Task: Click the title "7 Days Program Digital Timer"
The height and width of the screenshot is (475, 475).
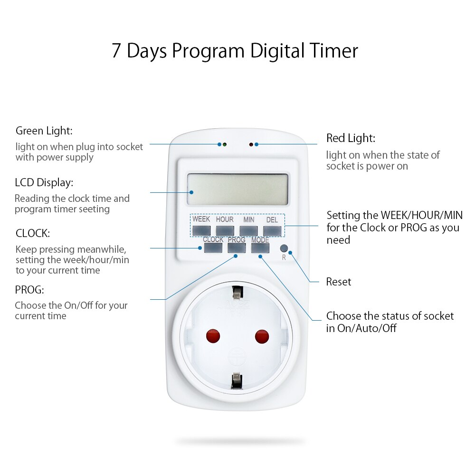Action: [x=235, y=51]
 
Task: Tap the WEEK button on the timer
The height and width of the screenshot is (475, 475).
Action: [x=201, y=231]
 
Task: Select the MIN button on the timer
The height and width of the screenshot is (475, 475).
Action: [x=248, y=231]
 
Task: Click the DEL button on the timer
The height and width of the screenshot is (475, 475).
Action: [x=272, y=231]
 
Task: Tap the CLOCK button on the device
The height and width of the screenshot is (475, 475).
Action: [x=213, y=247]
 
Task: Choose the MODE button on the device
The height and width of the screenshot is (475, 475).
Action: [x=260, y=247]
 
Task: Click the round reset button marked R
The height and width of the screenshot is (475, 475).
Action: [x=284, y=248]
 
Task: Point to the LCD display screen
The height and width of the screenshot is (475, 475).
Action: [x=237, y=190]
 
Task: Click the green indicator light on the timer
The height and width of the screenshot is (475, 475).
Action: [x=224, y=144]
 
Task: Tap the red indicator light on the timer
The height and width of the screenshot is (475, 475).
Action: [x=251, y=144]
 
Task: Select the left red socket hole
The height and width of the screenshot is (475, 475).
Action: [x=213, y=337]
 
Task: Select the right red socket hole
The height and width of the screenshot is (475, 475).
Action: [x=262, y=337]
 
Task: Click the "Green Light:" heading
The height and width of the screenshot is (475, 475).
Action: [x=44, y=131]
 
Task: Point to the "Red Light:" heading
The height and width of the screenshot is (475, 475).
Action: [x=351, y=138]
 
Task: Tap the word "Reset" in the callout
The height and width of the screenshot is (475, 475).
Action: [x=339, y=282]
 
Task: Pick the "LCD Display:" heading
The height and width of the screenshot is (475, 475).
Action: [x=44, y=182]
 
